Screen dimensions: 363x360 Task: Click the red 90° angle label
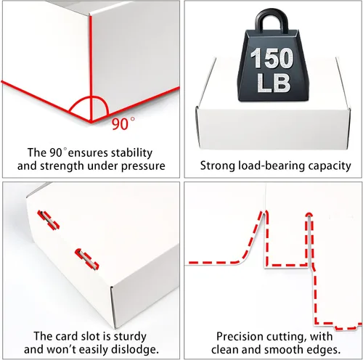click(123, 123)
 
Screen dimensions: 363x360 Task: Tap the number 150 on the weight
click(272, 58)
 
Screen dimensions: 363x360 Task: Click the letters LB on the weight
click(274, 83)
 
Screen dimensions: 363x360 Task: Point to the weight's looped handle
click(272, 20)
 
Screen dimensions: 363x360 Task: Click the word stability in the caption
click(131, 153)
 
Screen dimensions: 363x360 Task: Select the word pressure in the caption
click(143, 166)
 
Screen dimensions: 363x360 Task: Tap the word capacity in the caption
click(330, 166)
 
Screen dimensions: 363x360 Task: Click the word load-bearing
click(272, 166)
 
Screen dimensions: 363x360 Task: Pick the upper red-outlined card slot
click(48, 220)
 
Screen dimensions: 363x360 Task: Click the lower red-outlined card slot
click(87, 259)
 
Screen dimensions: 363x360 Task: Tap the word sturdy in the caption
click(130, 337)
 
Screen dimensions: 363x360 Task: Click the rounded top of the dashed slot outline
click(309, 214)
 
